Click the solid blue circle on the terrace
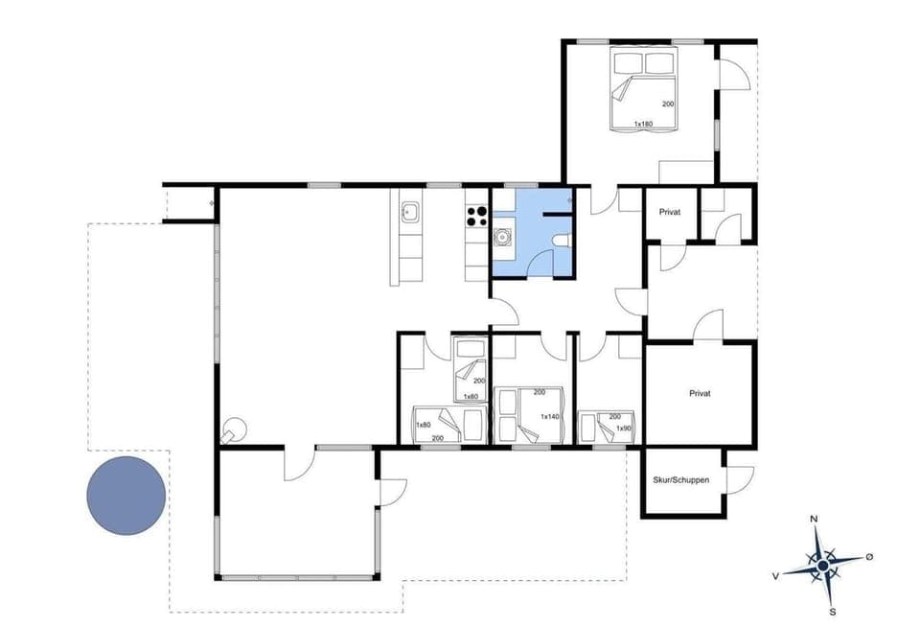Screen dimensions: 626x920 [x=126, y=496]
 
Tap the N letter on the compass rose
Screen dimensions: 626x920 [x=815, y=520]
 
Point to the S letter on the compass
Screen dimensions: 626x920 [x=832, y=612]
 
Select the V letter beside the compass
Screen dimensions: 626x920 [x=775, y=576]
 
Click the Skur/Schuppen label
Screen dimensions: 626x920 [x=680, y=478]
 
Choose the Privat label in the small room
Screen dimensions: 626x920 [x=669, y=211]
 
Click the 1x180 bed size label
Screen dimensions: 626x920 [x=643, y=124]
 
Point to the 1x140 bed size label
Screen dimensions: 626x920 [x=550, y=416]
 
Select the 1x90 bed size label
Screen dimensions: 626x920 [x=624, y=428]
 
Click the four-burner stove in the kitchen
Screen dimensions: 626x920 [x=477, y=217]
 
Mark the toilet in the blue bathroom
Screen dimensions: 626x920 [x=563, y=240]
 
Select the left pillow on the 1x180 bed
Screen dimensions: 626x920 [x=629, y=64]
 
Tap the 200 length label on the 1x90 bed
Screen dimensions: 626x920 [x=615, y=417]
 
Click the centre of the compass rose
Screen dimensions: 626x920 [x=822, y=567]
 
